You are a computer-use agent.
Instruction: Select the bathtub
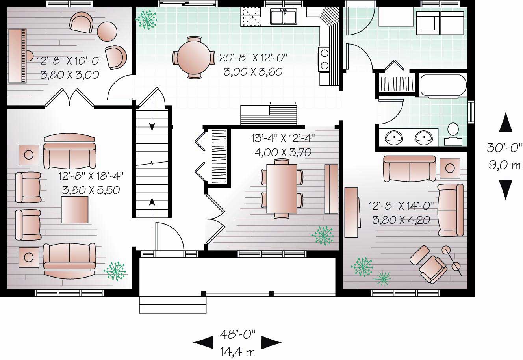pyautogui.click(x=443, y=87)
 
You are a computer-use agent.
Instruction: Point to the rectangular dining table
pyautogui.click(x=282, y=188)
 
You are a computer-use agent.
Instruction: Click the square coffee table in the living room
pyautogui.click(x=74, y=209)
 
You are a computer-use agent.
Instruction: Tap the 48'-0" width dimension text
pyautogui.click(x=237, y=335)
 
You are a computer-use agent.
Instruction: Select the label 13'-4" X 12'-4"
pyautogui.click(x=283, y=139)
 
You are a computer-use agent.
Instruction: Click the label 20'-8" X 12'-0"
pyautogui.click(x=253, y=58)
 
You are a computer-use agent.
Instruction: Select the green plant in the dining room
pyautogui.click(x=322, y=236)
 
